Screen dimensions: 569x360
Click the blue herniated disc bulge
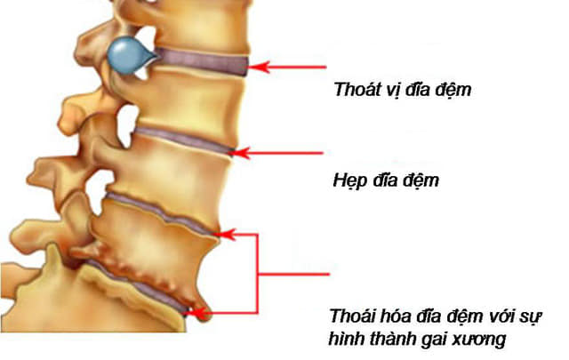(129, 55)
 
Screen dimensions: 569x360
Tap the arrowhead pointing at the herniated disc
(260, 68)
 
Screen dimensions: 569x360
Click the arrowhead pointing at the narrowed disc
(240, 153)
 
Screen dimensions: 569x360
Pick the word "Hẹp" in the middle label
(349, 180)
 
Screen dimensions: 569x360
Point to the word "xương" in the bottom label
(479, 340)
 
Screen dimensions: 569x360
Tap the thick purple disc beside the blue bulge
(203, 61)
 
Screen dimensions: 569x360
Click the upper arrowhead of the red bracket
(227, 235)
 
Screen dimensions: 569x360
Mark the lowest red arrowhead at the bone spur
(198, 312)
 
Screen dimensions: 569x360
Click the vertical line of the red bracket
(258, 273)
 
